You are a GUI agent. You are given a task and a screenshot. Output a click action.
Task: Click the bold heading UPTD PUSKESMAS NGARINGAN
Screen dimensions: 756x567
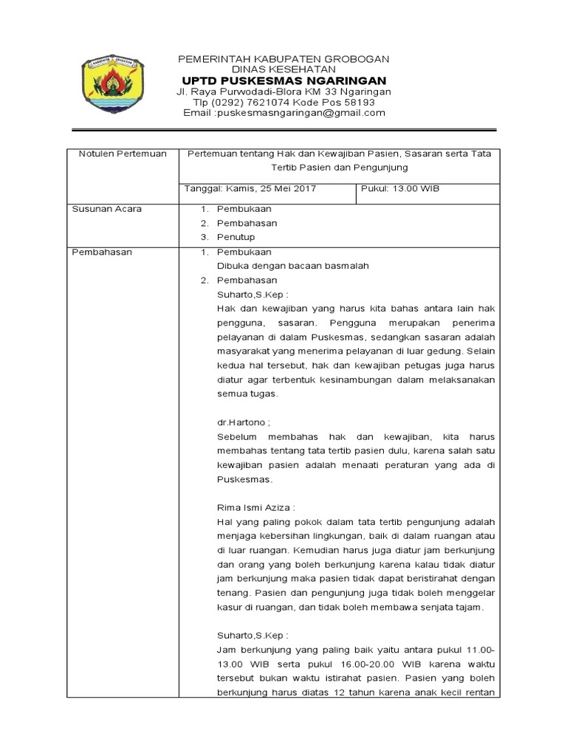coord(284,80)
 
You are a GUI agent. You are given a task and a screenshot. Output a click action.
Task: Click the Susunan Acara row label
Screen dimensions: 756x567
coord(106,209)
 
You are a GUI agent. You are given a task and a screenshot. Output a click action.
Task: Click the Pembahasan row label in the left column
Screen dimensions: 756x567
coord(102,252)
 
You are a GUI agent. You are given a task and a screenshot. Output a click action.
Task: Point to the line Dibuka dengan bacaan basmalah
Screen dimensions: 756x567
coord(292,266)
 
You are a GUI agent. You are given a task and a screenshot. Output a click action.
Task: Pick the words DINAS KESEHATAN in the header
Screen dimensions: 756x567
coord(284,69)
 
